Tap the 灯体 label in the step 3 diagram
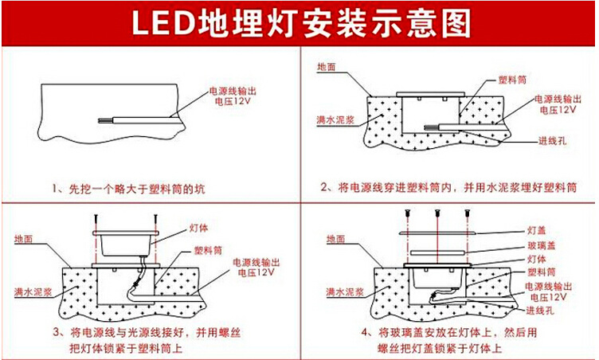(x=199, y=229)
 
